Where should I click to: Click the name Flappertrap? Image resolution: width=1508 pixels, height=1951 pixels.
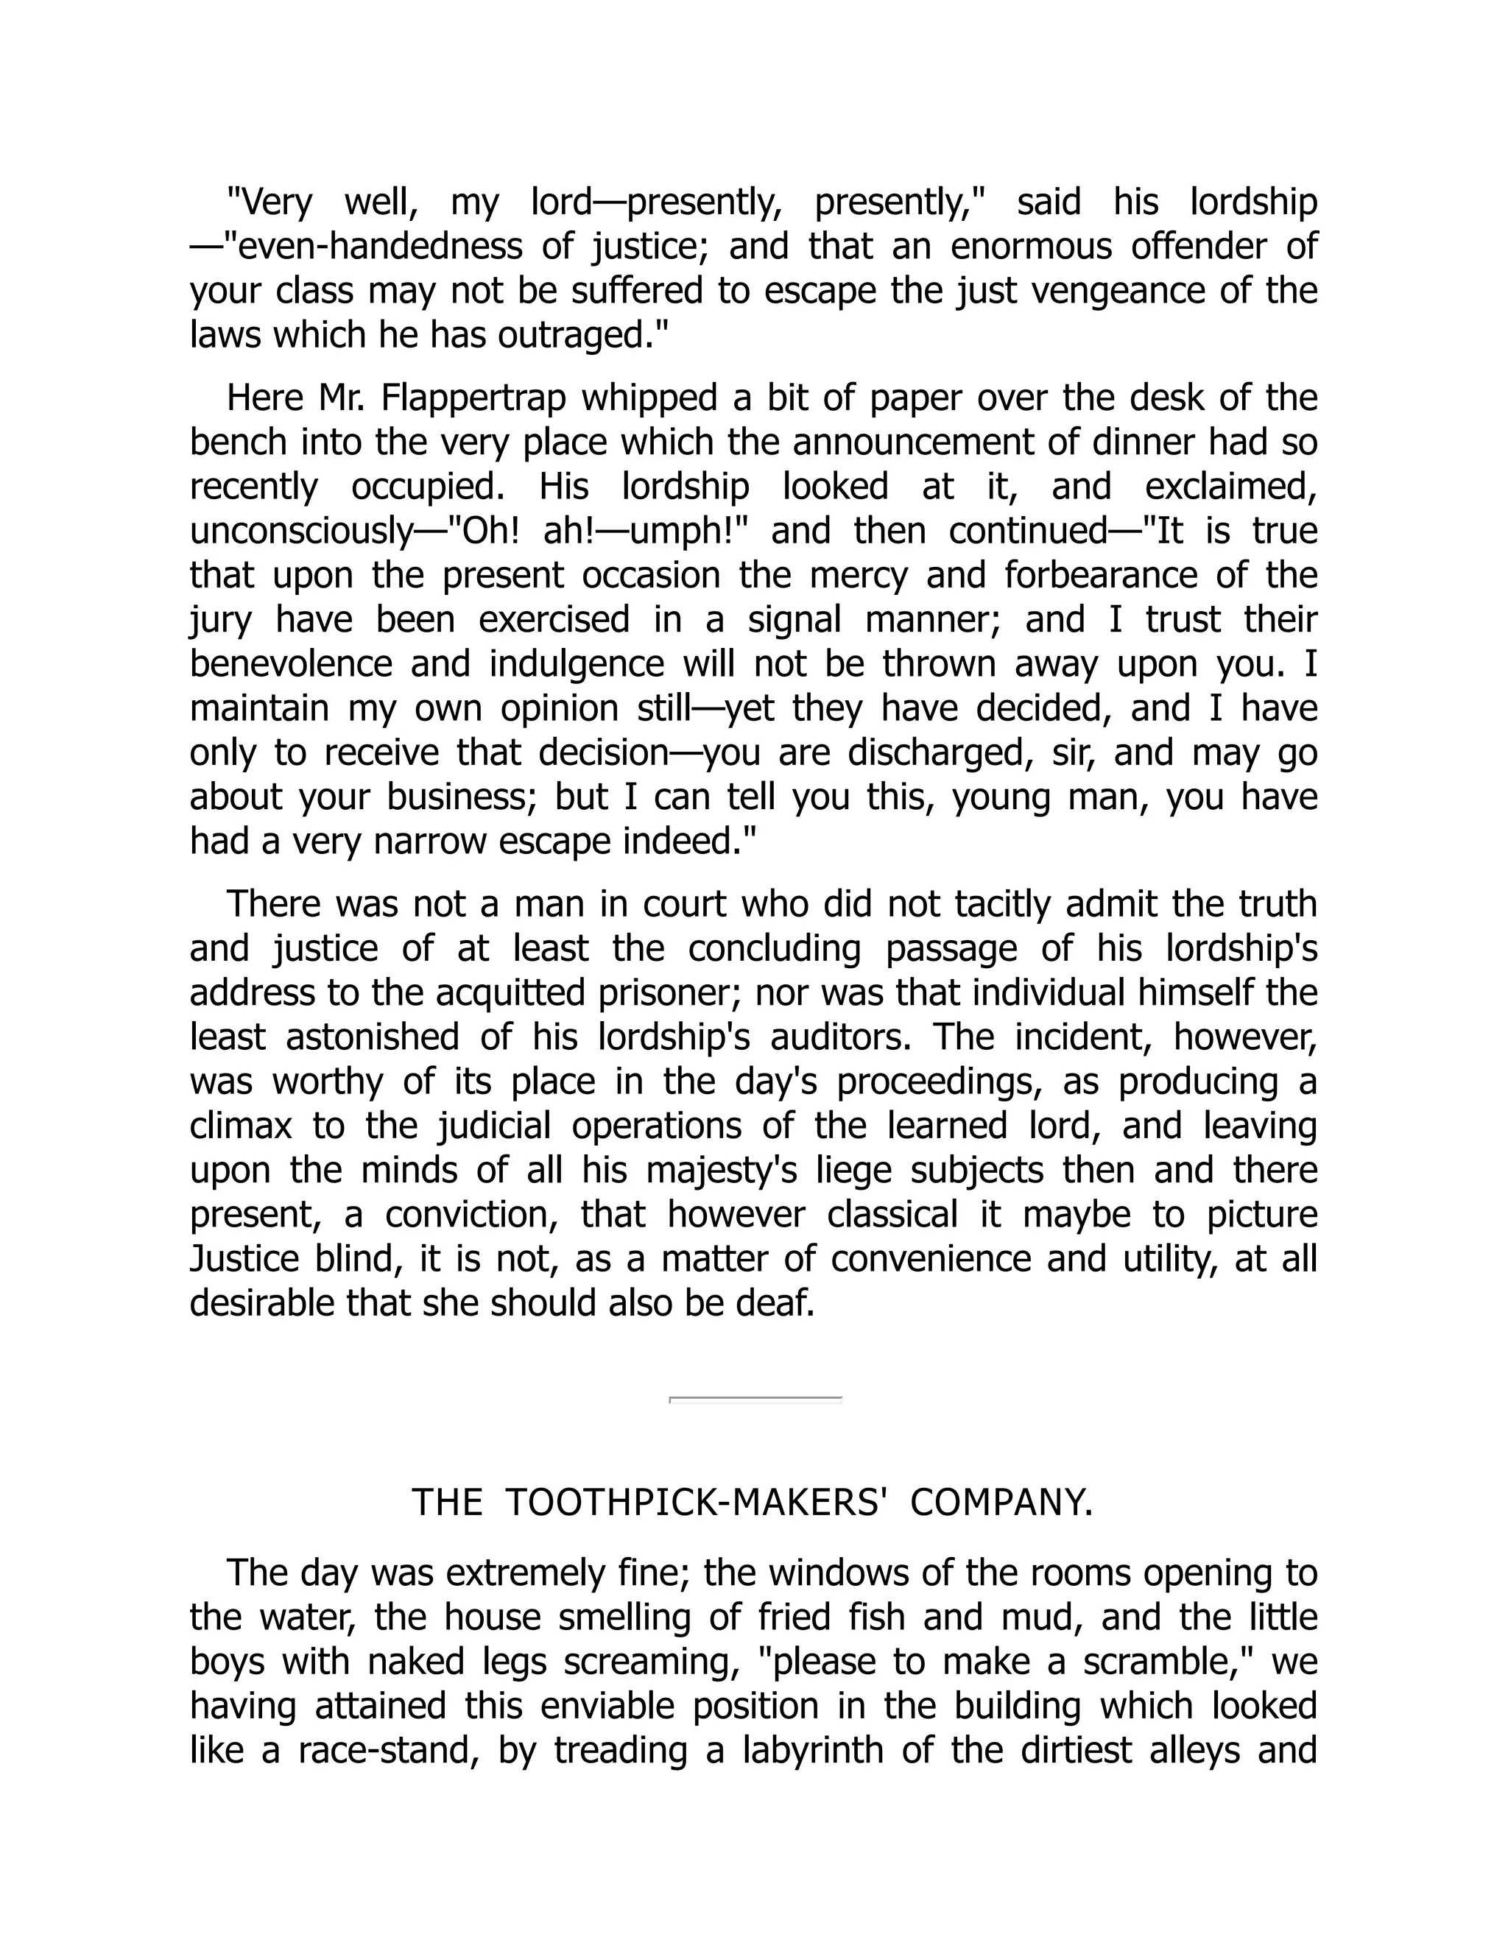pos(473,398)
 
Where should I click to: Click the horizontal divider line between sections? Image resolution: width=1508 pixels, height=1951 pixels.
pos(755,1399)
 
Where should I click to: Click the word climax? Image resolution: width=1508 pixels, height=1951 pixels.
pos(240,1126)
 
